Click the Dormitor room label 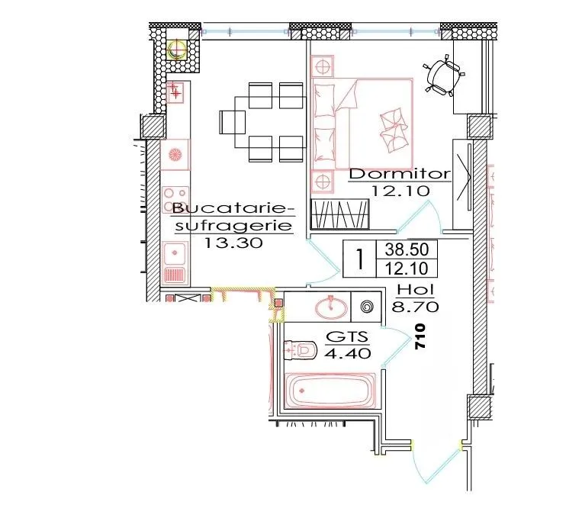point(400,174)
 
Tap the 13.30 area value point(233,243)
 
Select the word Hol point(416,290)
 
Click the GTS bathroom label point(346,336)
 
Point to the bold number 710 point(420,336)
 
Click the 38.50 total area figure point(407,249)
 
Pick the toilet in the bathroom point(300,350)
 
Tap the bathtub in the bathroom point(330,391)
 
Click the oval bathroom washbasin point(332,307)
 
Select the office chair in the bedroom point(443,76)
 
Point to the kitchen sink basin point(175,252)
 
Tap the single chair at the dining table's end point(233,122)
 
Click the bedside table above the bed point(322,66)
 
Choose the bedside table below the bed point(322,182)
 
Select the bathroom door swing point(397,346)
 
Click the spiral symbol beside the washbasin point(365,307)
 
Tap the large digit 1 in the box point(359,259)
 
